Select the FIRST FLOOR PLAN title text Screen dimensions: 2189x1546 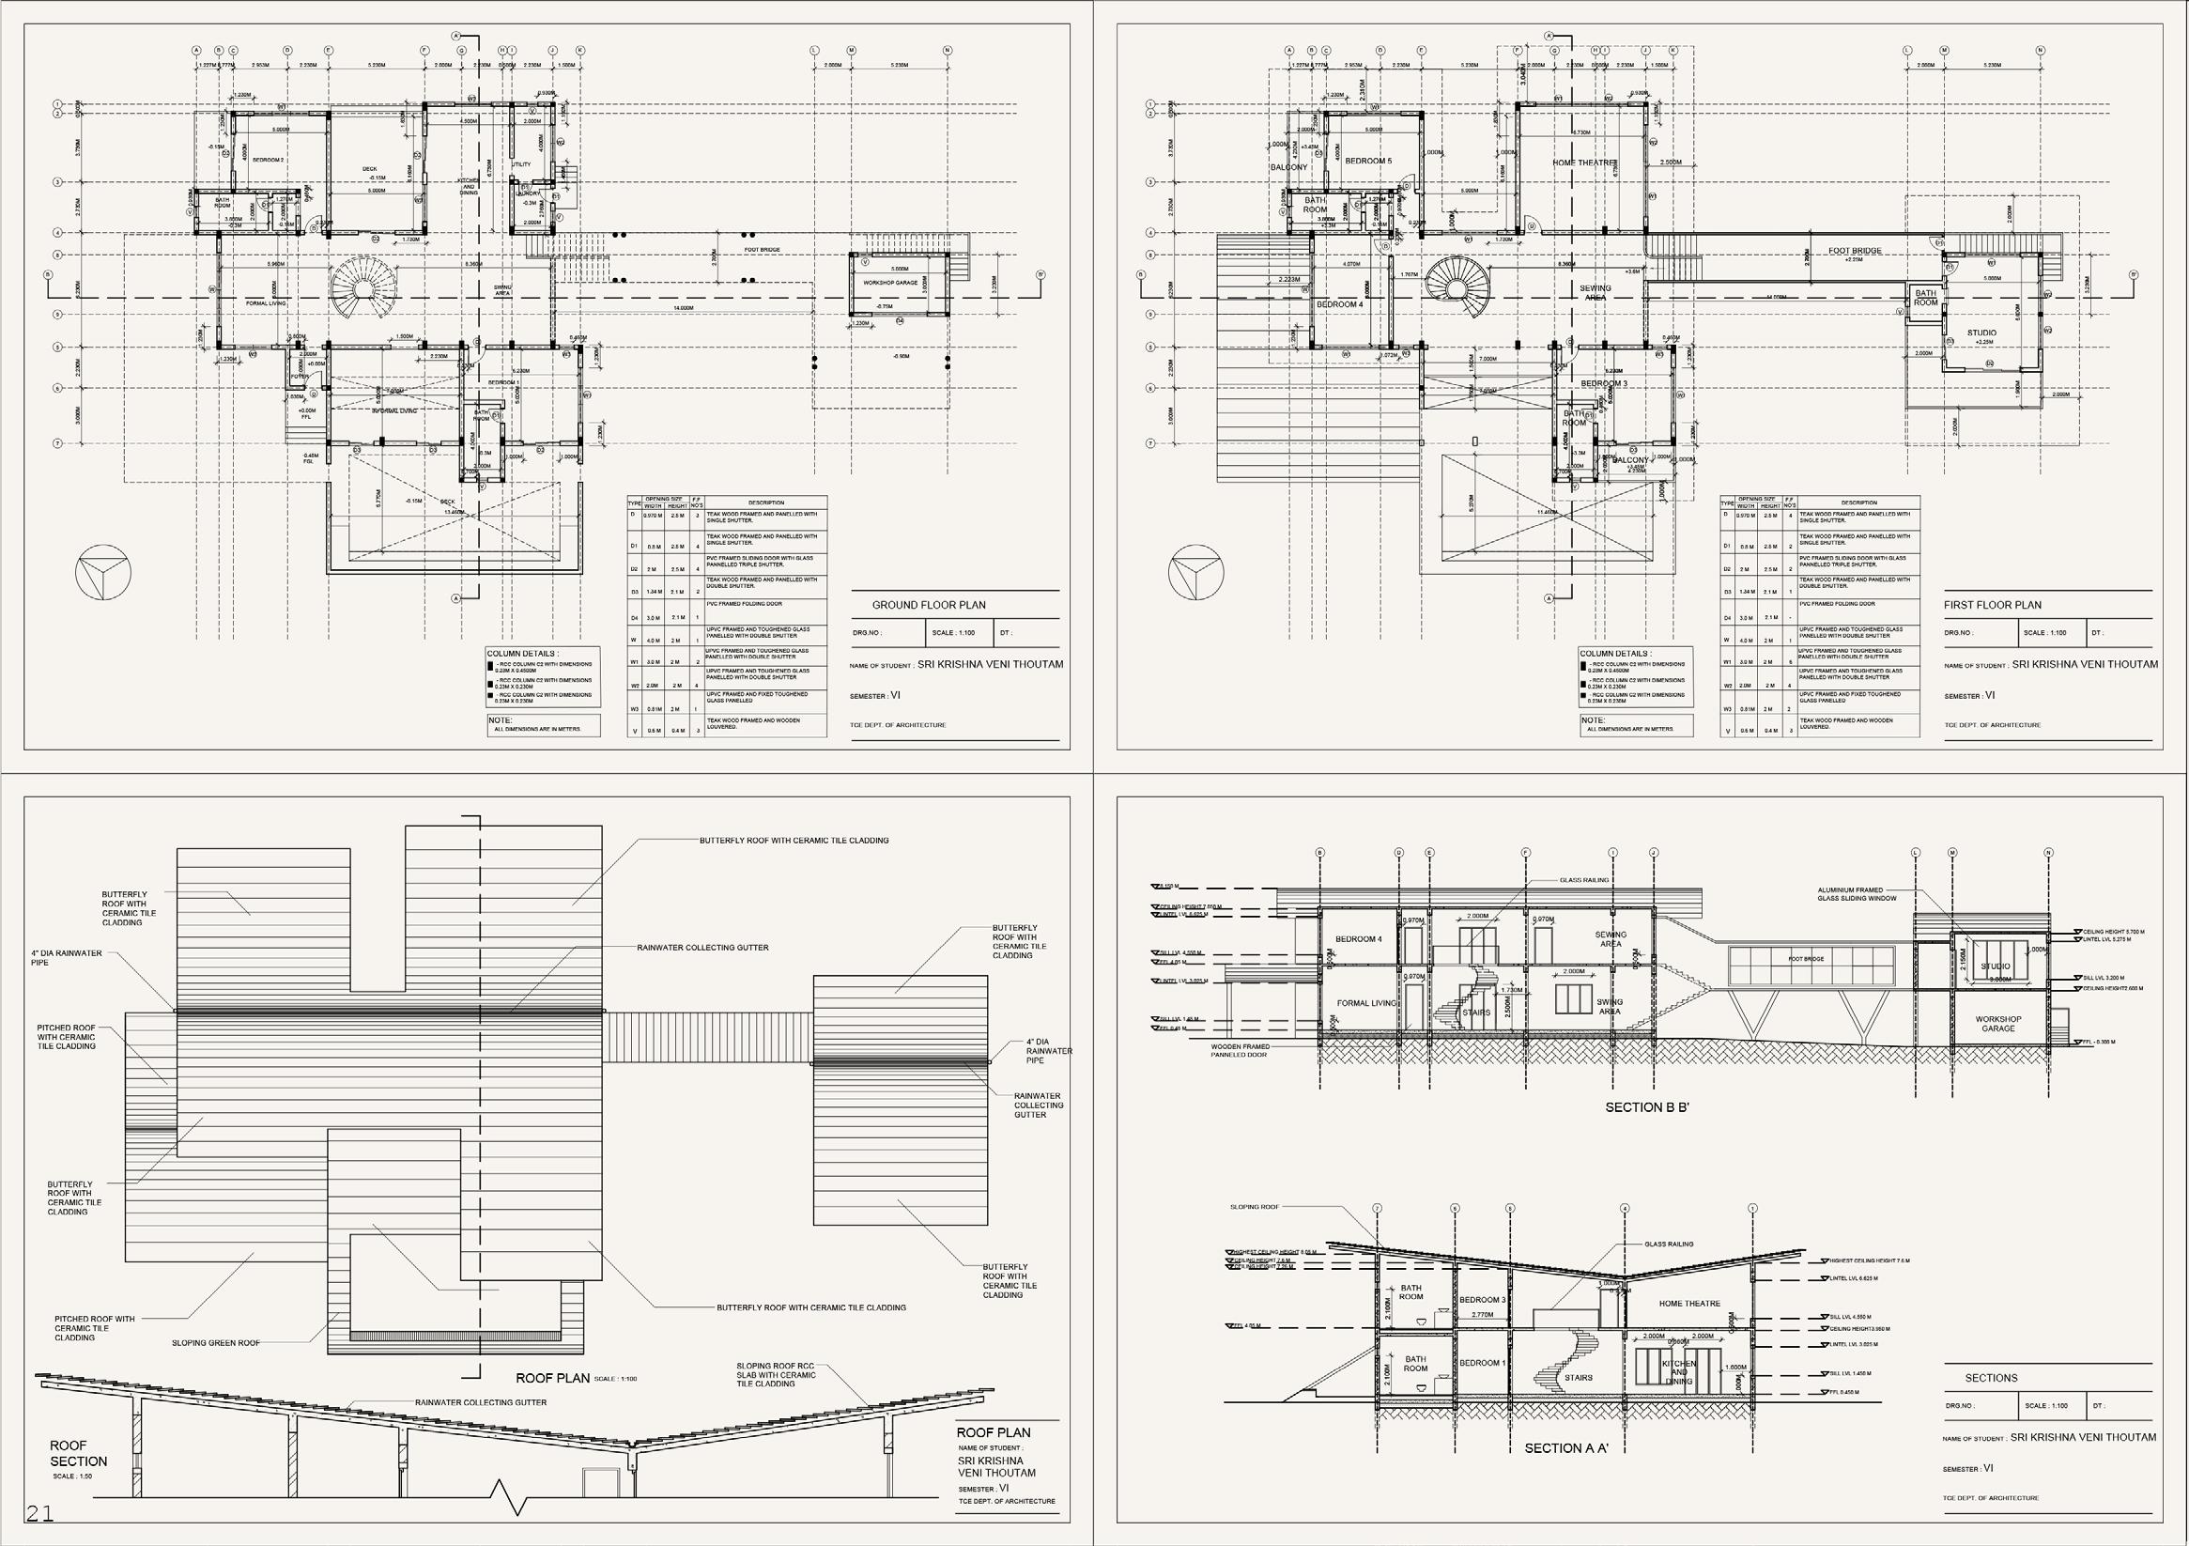[1992, 605]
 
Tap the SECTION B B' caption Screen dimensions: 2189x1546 [1646, 1107]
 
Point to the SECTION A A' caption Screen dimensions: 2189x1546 [1566, 1447]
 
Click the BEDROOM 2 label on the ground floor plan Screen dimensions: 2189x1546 [270, 161]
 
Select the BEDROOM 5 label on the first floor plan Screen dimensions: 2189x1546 [1368, 162]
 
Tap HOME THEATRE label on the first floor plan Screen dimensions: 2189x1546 [1583, 163]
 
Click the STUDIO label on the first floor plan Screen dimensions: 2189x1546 [1981, 332]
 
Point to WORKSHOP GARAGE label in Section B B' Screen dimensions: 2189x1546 [1998, 1024]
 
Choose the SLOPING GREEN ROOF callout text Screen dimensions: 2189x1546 [215, 1343]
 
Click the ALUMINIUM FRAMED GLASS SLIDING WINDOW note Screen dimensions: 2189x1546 [1857, 893]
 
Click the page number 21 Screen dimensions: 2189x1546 [40, 1513]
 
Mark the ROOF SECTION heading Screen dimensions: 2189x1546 [78, 1454]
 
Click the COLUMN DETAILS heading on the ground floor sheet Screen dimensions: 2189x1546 [521, 655]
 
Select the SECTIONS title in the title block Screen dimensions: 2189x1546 [1991, 1378]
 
